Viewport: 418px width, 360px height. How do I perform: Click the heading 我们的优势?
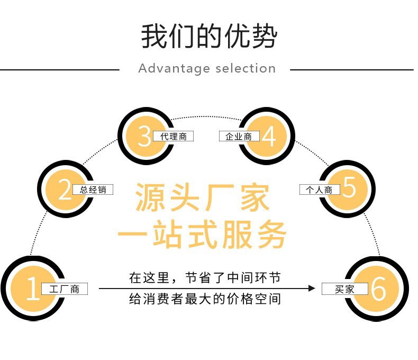click(x=208, y=36)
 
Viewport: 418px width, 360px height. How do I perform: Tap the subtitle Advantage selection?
click(x=207, y=68)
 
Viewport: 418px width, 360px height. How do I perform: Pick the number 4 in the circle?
click(x=269, y=136)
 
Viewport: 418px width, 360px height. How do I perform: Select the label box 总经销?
click(x=93, y=190)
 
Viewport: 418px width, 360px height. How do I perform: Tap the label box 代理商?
click(x=173, y=136)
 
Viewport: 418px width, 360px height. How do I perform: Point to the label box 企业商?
click(x=239, y=136)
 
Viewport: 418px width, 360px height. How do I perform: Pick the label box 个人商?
click(x=319, y=190)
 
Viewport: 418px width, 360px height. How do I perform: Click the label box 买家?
click(x=345, y=289)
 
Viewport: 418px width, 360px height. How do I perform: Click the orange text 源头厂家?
click(x=203, y=197)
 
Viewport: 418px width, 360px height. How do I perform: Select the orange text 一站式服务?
click(x=203, y=233)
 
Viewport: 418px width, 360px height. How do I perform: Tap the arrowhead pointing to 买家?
click(x=312, y=289)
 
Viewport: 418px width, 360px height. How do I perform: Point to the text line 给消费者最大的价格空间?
click(x=205, y=299)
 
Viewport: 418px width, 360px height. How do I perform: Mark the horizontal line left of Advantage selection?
click(x=60, y=69)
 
